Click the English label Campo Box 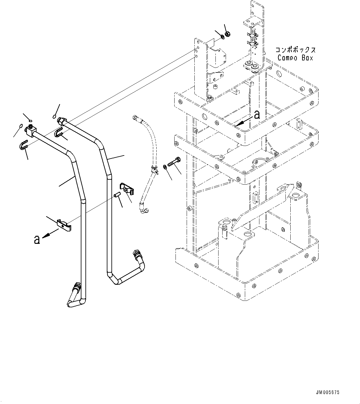[x=295, y=58]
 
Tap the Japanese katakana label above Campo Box [x=295, y=50]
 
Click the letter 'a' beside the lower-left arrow [x=37, y=239]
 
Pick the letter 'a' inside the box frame [x=256, y=115]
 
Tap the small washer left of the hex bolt [x=165, y=167]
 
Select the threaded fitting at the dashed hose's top [x=135, y=117]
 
